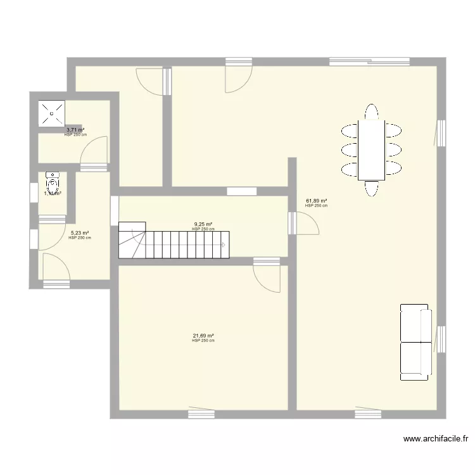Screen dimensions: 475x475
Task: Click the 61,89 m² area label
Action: tap(316, 201)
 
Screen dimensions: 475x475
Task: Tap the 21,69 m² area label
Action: tap(203, 336)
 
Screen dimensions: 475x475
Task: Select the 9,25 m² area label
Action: tap(203, 224)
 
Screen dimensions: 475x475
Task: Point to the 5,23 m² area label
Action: tap(80, 233)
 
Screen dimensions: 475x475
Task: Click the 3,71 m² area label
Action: tap(75, 130)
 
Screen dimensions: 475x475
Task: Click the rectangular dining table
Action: tap(371, 150)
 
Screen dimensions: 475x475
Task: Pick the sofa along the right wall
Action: tap(415, 342)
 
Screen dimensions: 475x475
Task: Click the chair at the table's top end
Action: tap(371, 111)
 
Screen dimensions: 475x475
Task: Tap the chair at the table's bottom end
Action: tap(371, 189)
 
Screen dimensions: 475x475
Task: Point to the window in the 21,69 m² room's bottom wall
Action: tap(201, 414)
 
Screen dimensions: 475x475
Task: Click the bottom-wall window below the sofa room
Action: tap(368, 414)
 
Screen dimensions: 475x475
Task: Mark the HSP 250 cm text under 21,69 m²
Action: tap(203, 341)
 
